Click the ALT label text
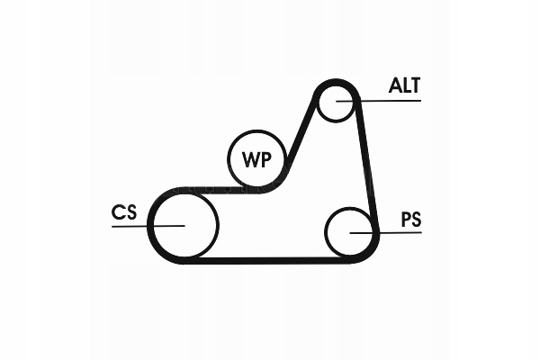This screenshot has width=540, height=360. pyautogui.click(x=404, y=85)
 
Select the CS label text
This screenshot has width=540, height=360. pyautogui.click(x=124, y=212)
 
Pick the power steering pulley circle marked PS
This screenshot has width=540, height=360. pyautogui.click(x=348, y=232)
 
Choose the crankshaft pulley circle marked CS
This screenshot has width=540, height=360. pyautogui.click(x=184, y=224)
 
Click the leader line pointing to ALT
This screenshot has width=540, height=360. pyautogui.click(x=387, y=101)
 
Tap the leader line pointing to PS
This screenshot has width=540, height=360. pyautogui.click(x=396, y=233)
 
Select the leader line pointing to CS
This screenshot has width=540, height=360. pyautogui.click(x=130, y=225)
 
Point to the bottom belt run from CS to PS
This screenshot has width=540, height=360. pyautogui.click(x=270, y=259)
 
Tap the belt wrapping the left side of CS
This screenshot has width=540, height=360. pyautogui.click(x=150, y=225)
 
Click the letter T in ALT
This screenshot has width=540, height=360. pyautogui.click(x=415, y=85)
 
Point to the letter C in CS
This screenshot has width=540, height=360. pyautogui.click(x=118, y=212)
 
